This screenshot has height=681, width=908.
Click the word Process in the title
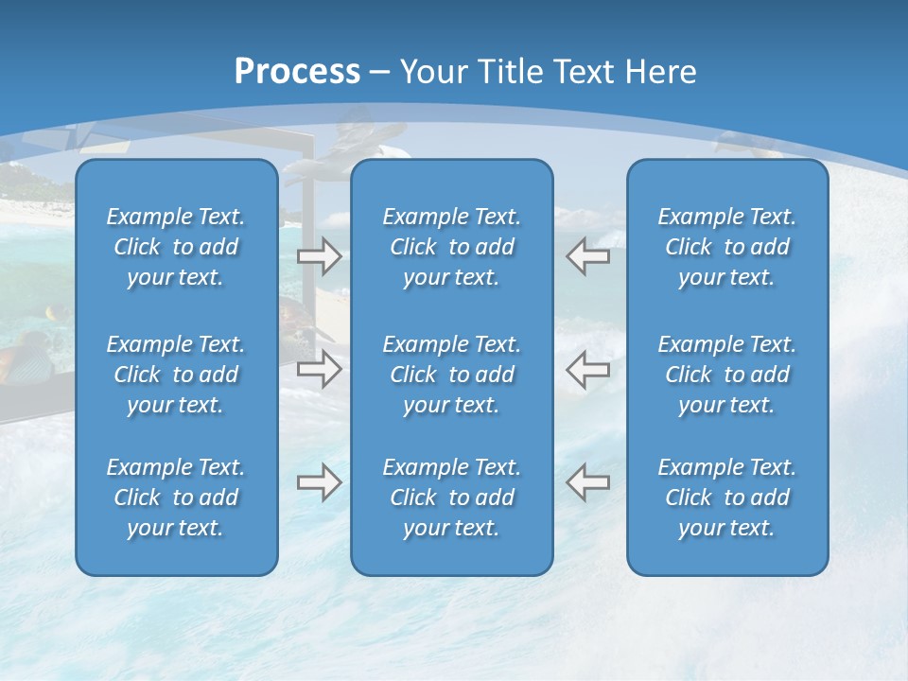tap(297, 72)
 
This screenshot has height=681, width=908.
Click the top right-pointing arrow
tap(319, 255)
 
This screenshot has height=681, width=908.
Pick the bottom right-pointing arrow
tap(319, 482)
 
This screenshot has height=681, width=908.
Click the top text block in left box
tap(176, 247)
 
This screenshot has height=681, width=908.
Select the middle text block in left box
tap(176, 375)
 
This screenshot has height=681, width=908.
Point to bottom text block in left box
tap(176, 498)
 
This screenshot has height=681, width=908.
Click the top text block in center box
tap(452, 247)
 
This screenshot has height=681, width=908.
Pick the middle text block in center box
tap(452, 375)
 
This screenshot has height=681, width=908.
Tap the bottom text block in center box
tap(452, 498)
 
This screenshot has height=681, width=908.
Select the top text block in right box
tap(727, 247)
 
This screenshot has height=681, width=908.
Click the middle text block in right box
tap(727, 375)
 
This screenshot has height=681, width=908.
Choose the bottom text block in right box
tap(727, 498)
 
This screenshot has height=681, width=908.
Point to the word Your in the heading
tap(433, 72)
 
